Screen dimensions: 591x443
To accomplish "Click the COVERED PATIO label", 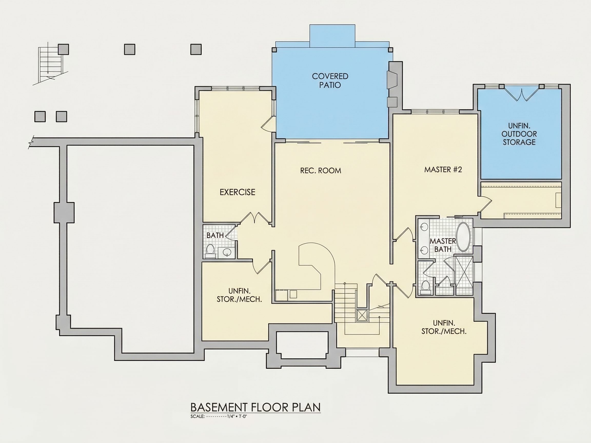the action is tap(330, 81).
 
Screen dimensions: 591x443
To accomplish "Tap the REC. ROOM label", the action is tap(321, 171).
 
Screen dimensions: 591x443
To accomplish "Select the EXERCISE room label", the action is tap(237, 192).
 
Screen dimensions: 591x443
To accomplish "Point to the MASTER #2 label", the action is tap(443, 169).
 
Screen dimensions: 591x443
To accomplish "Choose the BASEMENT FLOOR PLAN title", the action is tap(255, 407).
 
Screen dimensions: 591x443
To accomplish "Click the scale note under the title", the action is tap(219, 416).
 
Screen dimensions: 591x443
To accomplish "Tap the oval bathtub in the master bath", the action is tap(464, 237).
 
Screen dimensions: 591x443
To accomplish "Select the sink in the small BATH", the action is tap(227, 252).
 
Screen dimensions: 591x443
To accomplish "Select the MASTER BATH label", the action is tap(443, 245).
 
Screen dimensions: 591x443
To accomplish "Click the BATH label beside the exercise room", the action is tap(215, 235).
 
